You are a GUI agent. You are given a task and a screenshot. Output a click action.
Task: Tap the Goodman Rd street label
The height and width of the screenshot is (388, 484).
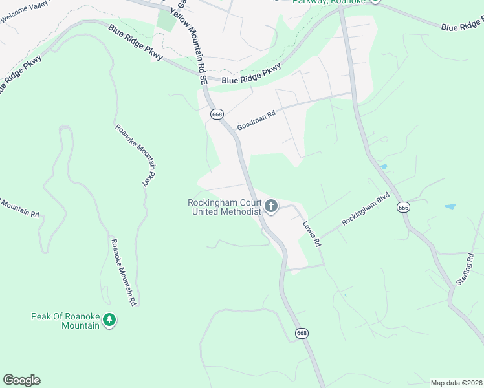coord(256,119)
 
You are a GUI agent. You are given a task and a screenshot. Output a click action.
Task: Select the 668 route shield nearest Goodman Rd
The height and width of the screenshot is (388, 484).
coord(217,114)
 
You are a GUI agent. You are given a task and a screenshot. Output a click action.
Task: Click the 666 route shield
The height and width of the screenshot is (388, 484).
coord(404,207)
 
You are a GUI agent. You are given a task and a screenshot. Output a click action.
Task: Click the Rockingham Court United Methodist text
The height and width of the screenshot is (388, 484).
coord(224,207)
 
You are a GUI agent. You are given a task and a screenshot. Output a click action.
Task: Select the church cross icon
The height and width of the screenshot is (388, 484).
coord(271,207)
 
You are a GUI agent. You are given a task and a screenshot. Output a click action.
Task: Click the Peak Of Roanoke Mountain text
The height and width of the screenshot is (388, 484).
coord(65,321)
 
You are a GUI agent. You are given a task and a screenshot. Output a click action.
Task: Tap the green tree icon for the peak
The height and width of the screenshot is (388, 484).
coord(110,320)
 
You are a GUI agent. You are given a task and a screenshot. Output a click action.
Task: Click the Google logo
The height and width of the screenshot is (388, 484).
coord(21,380)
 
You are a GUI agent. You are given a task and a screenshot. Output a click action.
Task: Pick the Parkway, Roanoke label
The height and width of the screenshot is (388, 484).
coord(329,2)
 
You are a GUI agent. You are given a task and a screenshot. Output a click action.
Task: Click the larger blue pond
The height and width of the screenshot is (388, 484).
coord(449,207)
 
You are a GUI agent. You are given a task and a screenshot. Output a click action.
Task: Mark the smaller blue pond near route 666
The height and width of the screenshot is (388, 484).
coord(384,167)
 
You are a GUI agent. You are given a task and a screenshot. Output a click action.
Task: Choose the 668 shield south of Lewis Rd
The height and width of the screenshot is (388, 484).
coord(302,333)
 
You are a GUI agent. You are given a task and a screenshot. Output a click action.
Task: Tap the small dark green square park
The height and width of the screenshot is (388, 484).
coord(166,21)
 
